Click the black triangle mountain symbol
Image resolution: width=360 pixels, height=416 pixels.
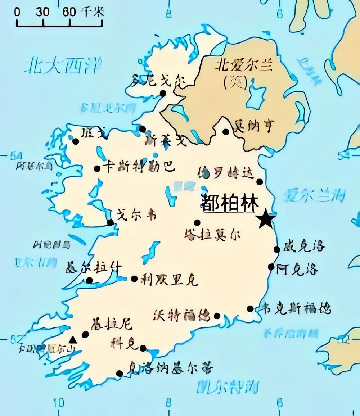click(x=73, y=339)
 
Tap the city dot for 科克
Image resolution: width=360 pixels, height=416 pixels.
click(x=143, y=348)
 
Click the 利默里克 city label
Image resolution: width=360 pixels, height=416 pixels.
click(x=170, y=279)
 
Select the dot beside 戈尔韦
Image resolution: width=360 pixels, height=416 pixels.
click(x=111, y=222)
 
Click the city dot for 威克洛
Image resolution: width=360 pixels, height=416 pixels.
click(x=276, y=249)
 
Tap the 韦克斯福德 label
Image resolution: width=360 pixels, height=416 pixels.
click(x=297, y=309)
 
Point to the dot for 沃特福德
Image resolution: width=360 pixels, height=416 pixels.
click(x=217, y=316)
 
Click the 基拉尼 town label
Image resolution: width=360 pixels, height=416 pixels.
click(x=112, y=324)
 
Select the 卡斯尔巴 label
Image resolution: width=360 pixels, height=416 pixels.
click(x=139, y=167)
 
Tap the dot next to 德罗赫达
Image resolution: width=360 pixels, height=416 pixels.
click(x=259, y=182)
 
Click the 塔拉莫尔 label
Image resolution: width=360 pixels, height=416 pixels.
click(x=212, y=234)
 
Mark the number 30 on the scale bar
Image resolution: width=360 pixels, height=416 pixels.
click(x=42, y=12)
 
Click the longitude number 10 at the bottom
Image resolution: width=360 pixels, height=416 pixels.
click(x=59, y=402)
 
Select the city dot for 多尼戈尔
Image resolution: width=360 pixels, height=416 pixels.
click(x=163, y=94)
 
